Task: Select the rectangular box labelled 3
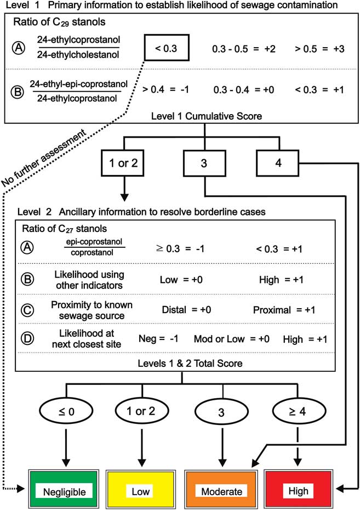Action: point(205,163)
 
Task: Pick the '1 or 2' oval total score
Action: point(141,411)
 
